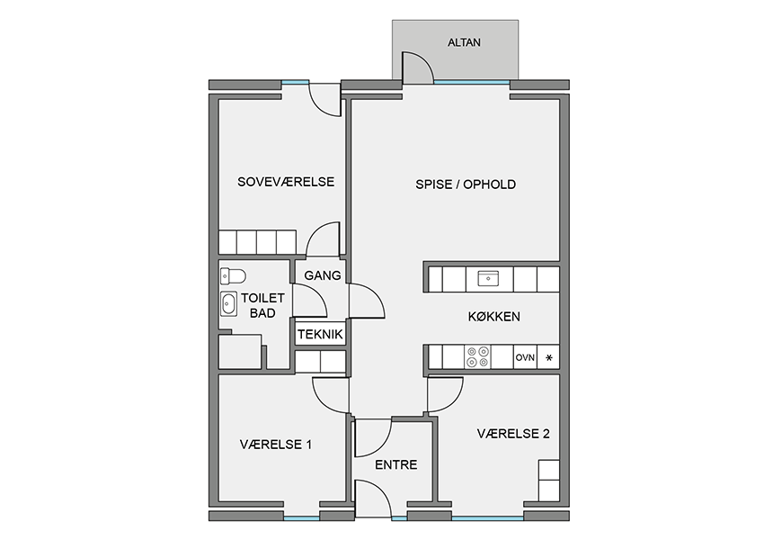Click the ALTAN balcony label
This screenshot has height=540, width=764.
464,42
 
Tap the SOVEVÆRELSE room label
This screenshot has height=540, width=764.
286,182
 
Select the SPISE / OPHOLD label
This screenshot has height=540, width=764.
466,184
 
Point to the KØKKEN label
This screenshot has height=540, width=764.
494,317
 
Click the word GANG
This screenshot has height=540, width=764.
323,275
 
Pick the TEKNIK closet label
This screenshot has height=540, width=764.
320,335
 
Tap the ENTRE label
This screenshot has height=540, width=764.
396,465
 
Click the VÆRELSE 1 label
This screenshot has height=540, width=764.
276,445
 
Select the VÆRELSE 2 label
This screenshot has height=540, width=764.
513,434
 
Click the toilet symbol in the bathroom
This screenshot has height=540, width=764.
233,276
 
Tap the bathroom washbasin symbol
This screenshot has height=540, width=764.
228,304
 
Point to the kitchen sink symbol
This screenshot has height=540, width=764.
488,279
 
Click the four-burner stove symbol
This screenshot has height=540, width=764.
477,357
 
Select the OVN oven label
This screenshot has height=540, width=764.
525,357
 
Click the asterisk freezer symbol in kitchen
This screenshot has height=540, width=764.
549,358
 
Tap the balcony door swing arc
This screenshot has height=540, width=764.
424,60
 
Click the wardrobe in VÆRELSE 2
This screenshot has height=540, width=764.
548,481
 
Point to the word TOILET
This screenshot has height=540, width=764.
262,298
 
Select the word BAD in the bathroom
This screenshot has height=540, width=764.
262,313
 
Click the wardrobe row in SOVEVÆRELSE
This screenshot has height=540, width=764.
257,242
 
